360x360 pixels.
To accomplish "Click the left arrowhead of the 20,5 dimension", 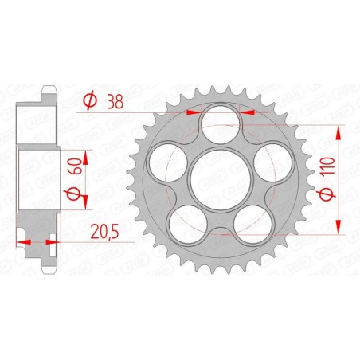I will click(20, 241).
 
